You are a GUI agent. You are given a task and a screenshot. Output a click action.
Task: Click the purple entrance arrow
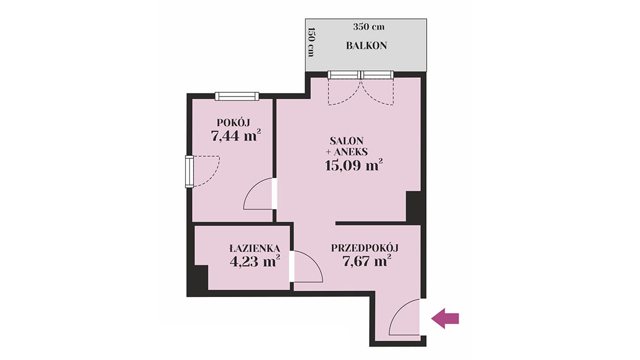click(445, 318)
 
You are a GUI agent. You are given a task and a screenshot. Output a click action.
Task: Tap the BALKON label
click(366, 46)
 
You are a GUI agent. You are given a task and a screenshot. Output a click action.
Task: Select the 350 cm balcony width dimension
click(369, 27)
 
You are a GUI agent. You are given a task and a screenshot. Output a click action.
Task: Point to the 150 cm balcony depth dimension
click(311, 42)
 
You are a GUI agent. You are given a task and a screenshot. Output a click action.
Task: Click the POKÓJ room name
click(234, 122)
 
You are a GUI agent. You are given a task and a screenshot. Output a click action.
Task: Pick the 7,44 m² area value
click(236, 135)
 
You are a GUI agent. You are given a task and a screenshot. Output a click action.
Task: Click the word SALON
click(347, 141)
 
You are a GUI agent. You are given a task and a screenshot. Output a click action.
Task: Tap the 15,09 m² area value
click(354, 165)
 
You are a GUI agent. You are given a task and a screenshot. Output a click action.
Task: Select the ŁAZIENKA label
click(254, 248)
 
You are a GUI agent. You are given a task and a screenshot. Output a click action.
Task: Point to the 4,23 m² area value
click(254, 261)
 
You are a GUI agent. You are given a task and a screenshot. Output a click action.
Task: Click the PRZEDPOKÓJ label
click(365, 248)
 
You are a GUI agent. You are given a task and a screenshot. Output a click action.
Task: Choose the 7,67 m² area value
click(367, 261)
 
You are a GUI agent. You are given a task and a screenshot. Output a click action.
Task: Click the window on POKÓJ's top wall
click(237, 97)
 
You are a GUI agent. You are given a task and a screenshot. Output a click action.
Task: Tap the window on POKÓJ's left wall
click(189, 171)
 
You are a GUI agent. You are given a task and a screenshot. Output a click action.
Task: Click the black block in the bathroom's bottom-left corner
click(197, 281)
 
